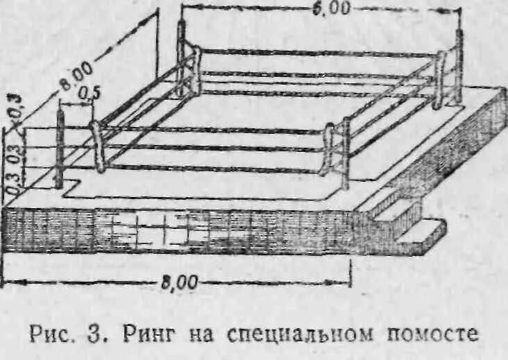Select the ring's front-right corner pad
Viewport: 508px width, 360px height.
pyautogui.click(x=330, y=149)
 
